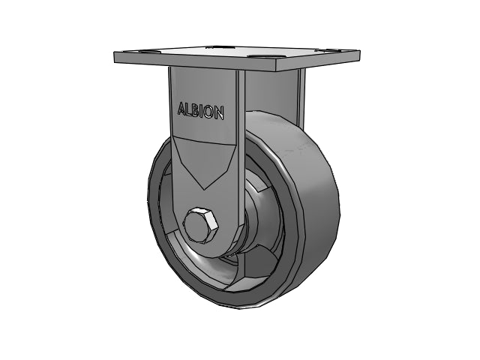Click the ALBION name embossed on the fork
coord(199,111)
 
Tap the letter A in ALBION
coord(181,110)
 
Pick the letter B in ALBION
coord(197,111)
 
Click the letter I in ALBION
coord(202,111)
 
